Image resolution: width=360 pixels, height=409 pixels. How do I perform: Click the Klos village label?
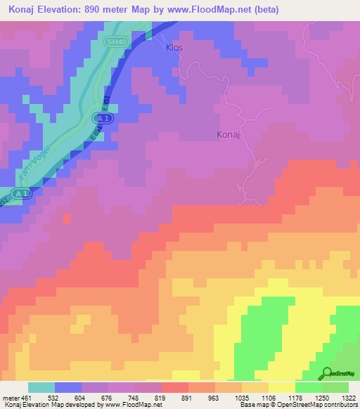(x=174, y=48)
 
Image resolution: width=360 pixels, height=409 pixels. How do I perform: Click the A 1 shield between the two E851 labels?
(x=103, y=119)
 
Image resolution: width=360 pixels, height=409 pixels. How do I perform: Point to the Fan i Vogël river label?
(x=32, y=157)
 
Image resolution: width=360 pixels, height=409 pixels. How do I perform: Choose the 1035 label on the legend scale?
(x=241, y=397)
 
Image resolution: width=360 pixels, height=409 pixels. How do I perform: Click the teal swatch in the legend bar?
(x=41, y=387)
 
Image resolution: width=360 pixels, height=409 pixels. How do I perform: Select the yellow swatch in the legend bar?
(x=282, y=387)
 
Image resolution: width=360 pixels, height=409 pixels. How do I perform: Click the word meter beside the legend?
(x=10, y=397)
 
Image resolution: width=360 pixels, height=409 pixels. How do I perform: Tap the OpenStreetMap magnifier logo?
(x=326, y=373)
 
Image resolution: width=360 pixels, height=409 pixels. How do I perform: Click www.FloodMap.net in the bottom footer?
(x=131, y=405)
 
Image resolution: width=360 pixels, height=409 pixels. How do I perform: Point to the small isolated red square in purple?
(x=67, y=219)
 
